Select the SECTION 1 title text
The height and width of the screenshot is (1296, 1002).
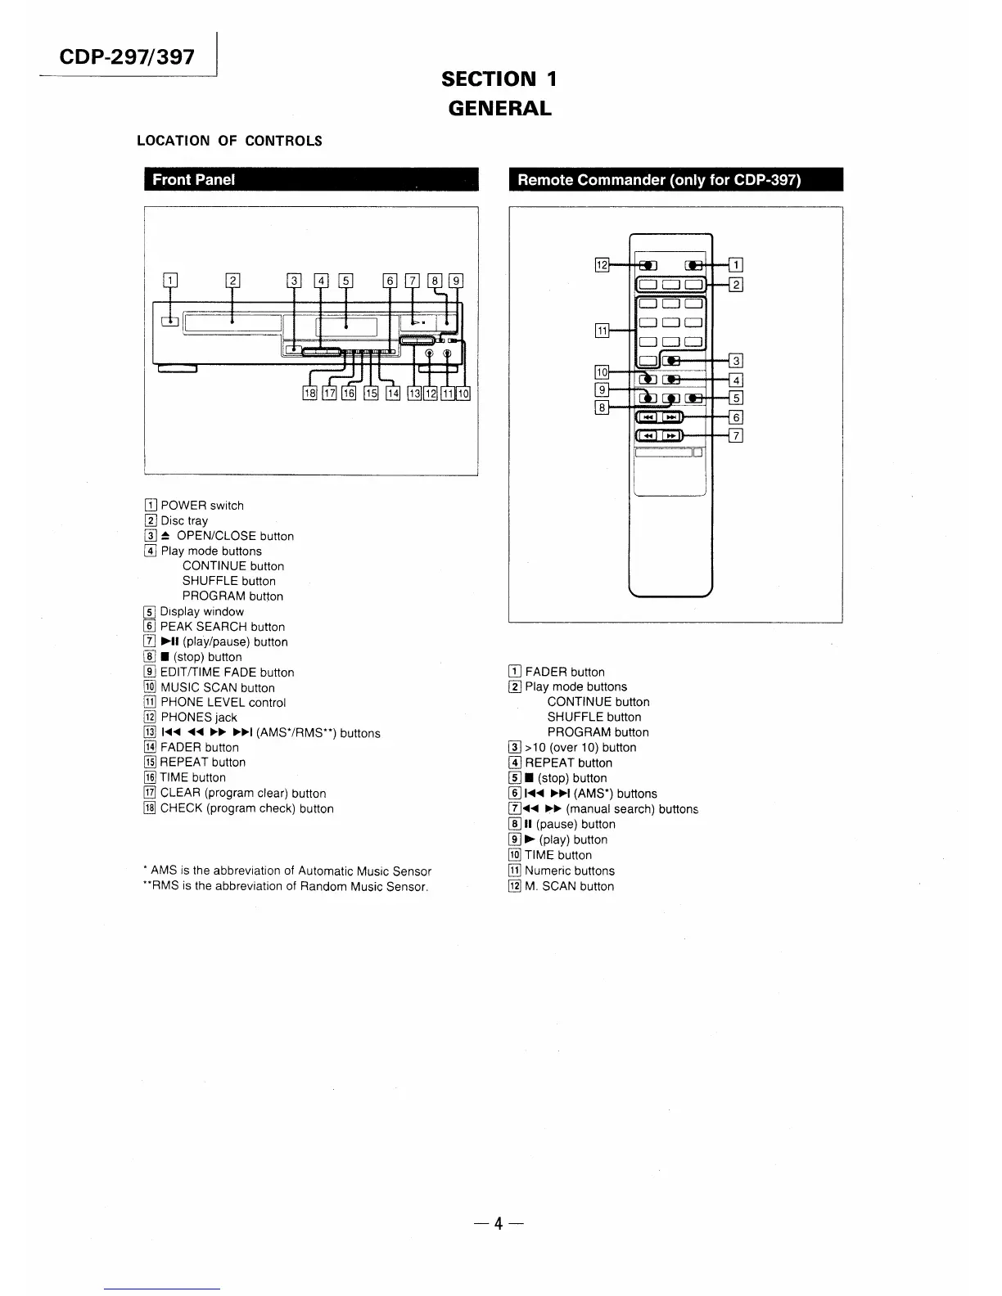tap(499, 79)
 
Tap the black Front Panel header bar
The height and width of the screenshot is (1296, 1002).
tap(310, 180)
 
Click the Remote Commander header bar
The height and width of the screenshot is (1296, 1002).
tap(675, 180)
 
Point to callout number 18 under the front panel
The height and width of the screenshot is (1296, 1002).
tap(309, 394)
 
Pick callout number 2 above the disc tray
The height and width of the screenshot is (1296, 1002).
tap(232, 281)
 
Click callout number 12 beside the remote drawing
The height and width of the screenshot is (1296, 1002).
tap(602, 264)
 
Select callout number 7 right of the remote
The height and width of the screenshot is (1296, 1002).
tap(736, 435)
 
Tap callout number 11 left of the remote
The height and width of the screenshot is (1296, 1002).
tap(602, 331)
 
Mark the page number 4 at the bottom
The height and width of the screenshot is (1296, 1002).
tap(498, 1224)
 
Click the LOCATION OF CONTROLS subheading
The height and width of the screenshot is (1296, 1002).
tap(229, 141)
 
